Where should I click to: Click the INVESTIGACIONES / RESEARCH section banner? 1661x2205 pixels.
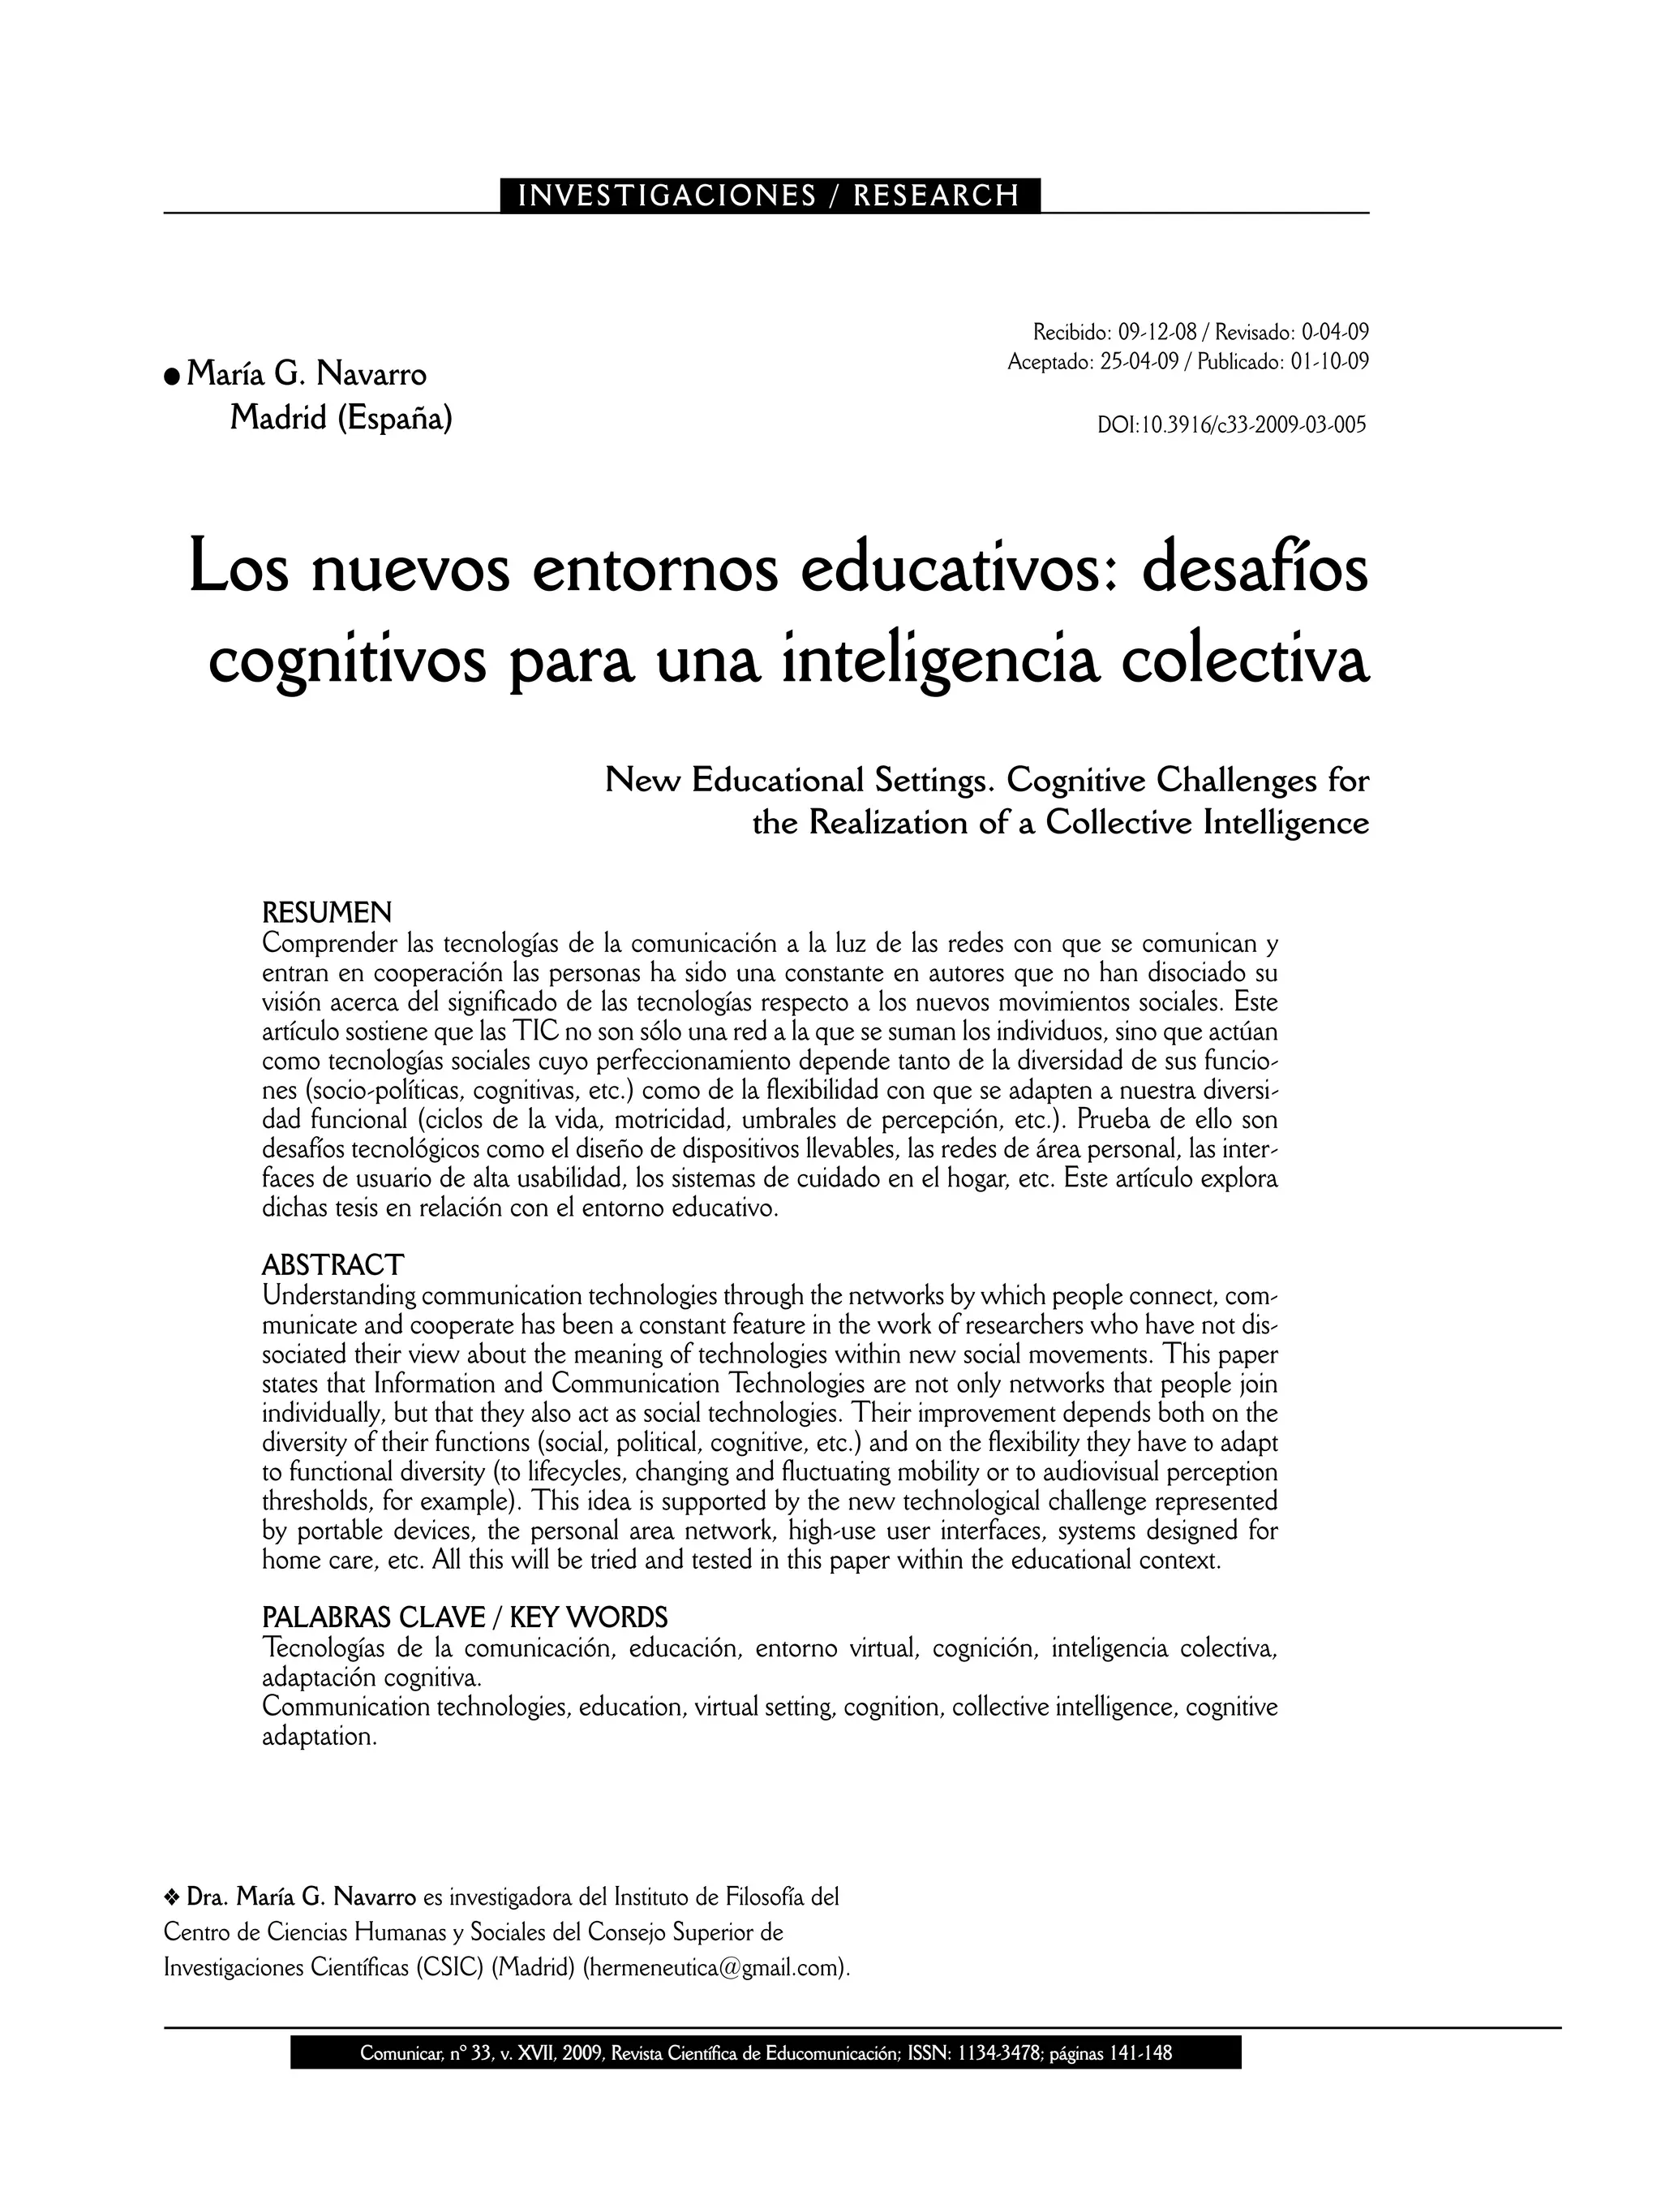click(x=769, y=196)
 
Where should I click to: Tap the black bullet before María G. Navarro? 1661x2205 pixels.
click(x=173, y=376)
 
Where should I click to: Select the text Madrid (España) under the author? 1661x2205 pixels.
click(x=341, y=418)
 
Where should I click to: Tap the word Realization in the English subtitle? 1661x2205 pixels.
click(x=889, y=824)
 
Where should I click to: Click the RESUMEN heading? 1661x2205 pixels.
click(x=327, y=912)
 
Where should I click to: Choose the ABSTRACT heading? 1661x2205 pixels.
click(x=333, y=1265)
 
